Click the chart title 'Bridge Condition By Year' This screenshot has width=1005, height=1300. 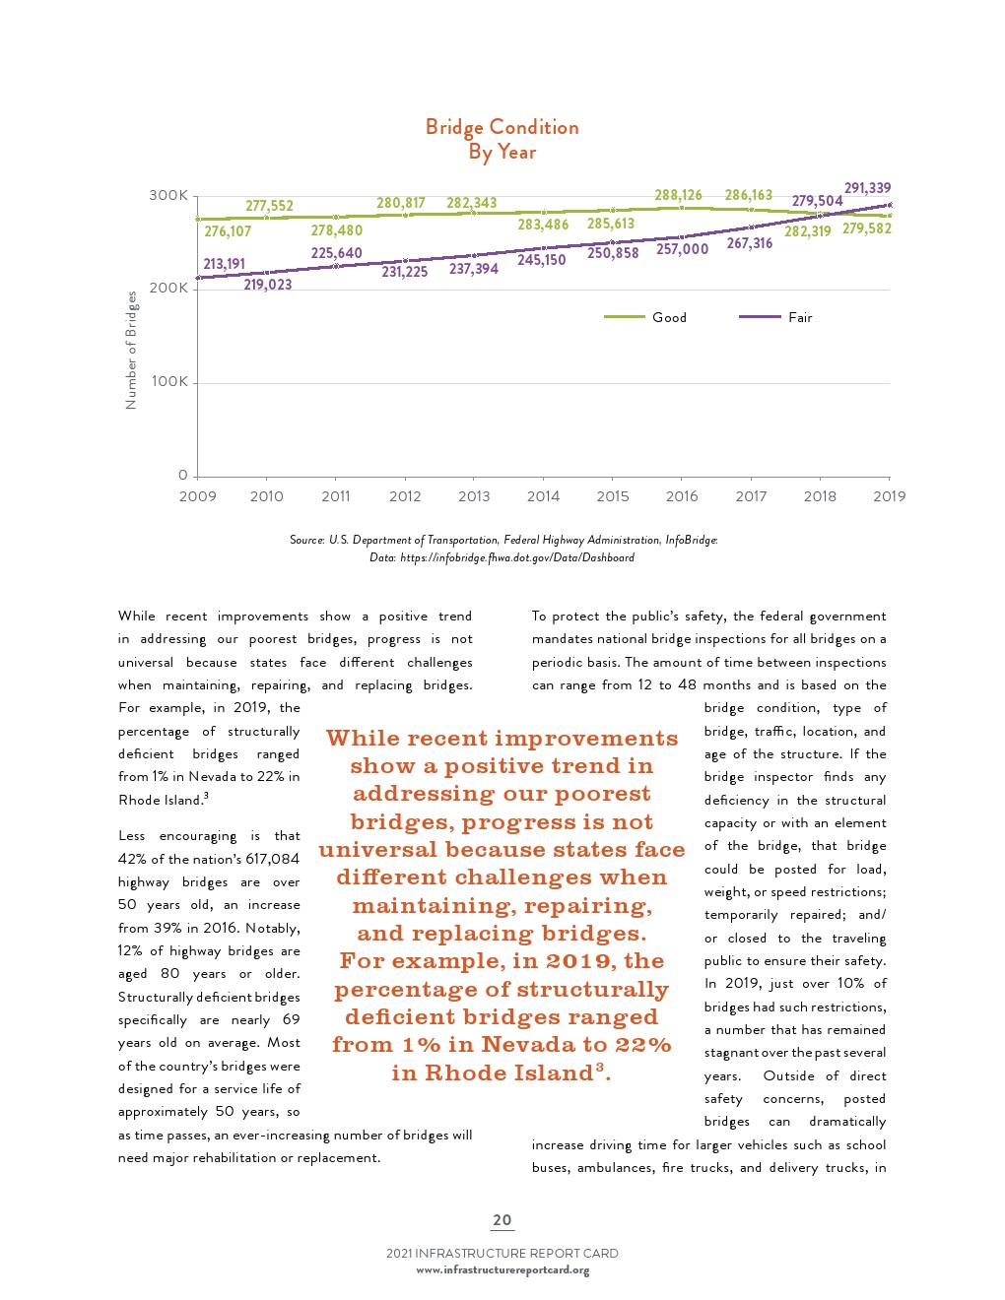click(502, 139)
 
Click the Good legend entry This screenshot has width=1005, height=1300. click(668, 317)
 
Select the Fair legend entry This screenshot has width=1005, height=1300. click(799, 317)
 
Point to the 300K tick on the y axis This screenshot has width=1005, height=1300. click(168, 195)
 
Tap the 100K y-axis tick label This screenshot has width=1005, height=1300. click(168, 381)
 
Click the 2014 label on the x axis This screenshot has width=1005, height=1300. click(543, 496)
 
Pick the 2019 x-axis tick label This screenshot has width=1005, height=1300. click(889, 496)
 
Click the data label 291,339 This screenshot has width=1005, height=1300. click(867, 188)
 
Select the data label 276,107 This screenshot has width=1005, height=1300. click(228, 231)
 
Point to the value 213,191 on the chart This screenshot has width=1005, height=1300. click(224, 264)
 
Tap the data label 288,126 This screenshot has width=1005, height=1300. click(678, 195)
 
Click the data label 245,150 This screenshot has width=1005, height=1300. click(541, 260)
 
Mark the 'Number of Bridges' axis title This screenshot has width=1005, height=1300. click(131, 350)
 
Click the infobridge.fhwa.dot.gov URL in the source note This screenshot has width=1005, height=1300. click(516, 557)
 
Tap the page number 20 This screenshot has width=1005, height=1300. click(502, 1219)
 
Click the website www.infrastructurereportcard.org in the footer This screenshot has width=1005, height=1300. click(502, 1269)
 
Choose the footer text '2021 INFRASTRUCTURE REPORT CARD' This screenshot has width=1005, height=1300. click(502, 1254)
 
